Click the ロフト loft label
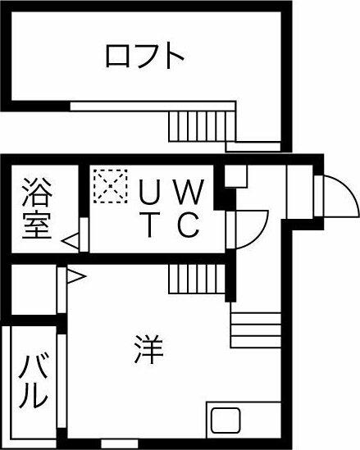145,56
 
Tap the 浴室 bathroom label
38,208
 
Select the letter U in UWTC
148,192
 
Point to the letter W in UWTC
189,192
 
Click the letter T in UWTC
149,225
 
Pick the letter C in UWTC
188,225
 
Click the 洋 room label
148,349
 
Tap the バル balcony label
33,381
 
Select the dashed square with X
111,186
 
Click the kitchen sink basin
226,420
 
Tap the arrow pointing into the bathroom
71,241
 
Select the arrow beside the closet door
76,276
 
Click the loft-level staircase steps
202,126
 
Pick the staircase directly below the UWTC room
197,279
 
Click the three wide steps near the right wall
256,330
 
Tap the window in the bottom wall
120,443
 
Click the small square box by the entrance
235,176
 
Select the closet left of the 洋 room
34,289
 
